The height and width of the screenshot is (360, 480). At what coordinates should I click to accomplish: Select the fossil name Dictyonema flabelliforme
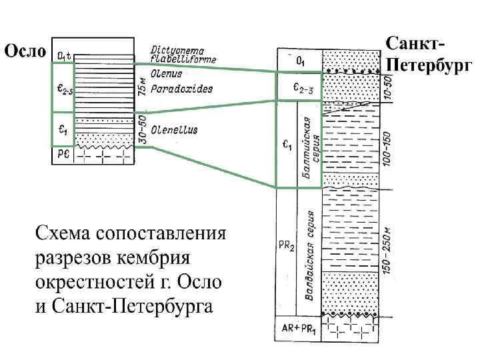(x=178, y=53)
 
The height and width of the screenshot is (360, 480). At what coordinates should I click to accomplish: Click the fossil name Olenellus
(x=174, y=130)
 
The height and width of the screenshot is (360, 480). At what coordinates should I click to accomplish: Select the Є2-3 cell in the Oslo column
(x=63, y=87)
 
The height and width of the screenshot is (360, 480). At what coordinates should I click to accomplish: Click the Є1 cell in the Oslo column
(x=63, y=129)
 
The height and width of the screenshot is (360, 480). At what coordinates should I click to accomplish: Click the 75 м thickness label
(x=141, y=85)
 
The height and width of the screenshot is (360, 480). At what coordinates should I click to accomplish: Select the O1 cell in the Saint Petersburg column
(x=299, y=61)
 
